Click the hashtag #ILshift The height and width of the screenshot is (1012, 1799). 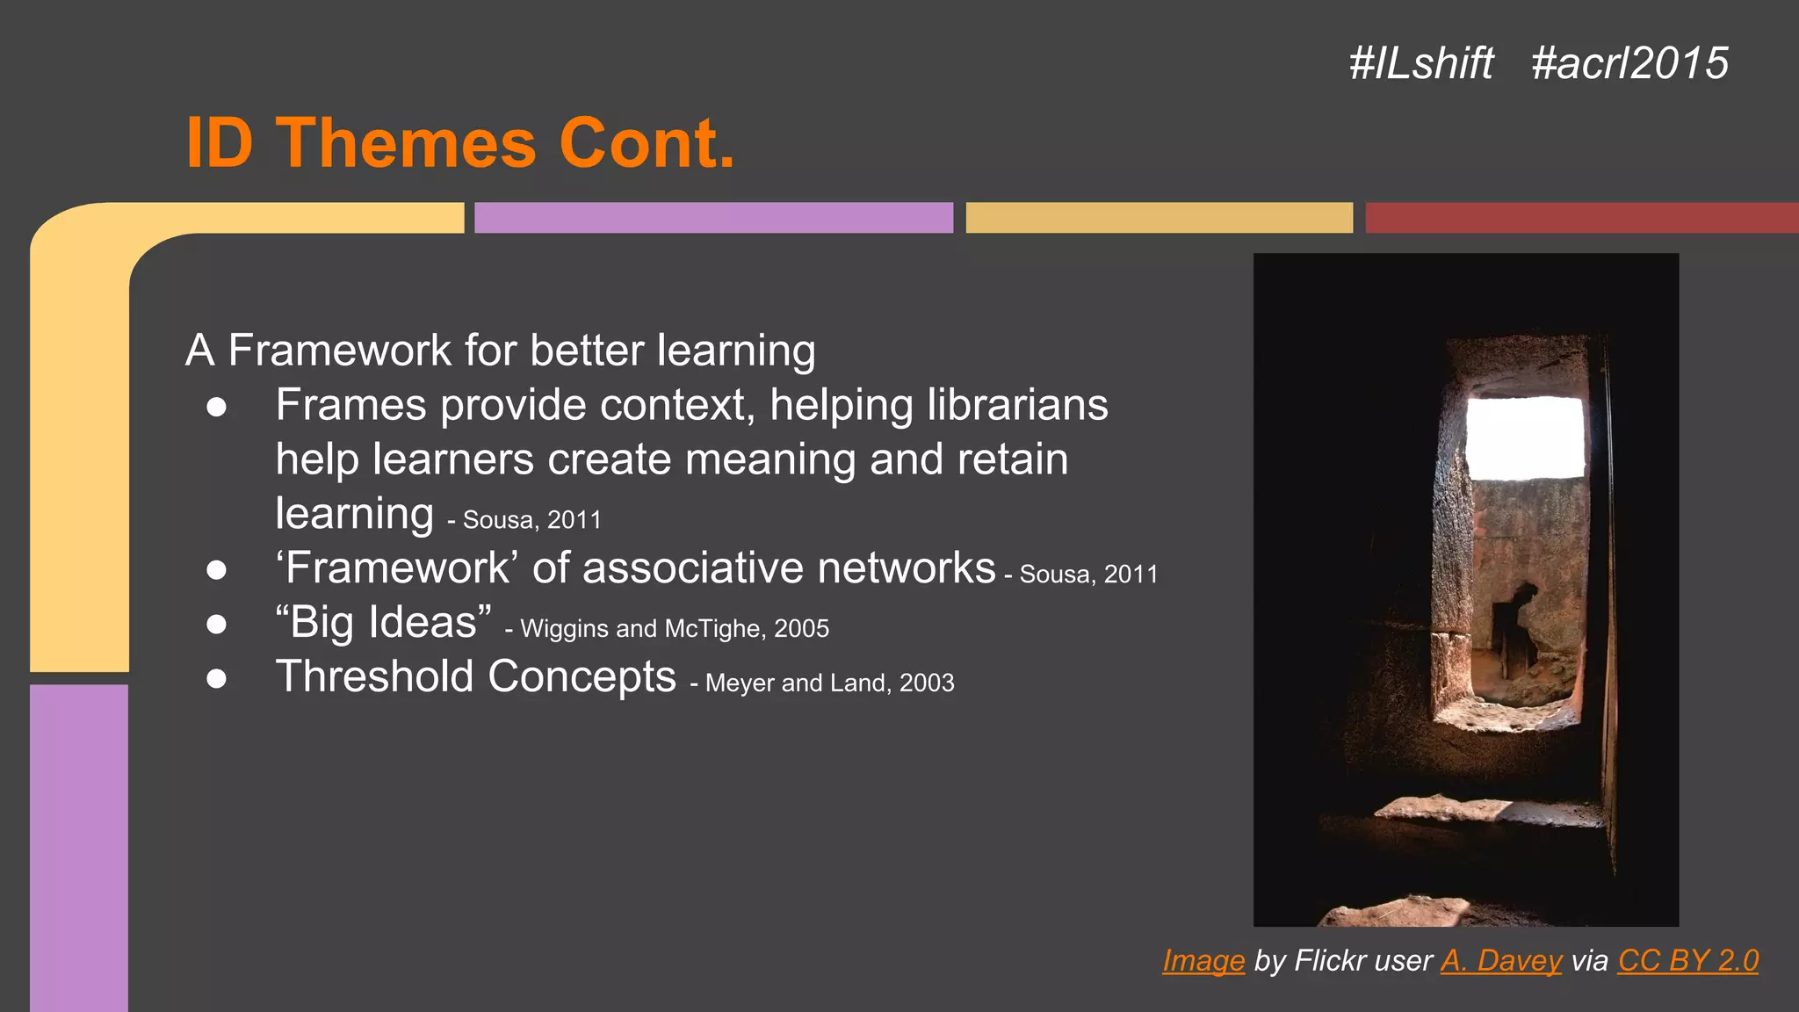pyautogui.click(x=1420, y=63)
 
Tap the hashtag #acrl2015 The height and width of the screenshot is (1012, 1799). pyautogui.click(x=1629, y=63)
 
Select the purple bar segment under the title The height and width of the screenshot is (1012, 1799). pyautogui.click(x=713, y=218)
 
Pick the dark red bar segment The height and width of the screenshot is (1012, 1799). pyautogui.click(x=1581, y=218)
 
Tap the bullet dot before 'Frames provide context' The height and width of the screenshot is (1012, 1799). pyautogui.click(x=217, y=407)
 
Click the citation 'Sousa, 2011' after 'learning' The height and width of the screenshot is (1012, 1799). pyautogui.click(x=531, y=520)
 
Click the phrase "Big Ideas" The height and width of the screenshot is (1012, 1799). pyautogui.click(x=383, y=622)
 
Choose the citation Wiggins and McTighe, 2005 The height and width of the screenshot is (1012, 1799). pyautogui.click(x=674, y=629)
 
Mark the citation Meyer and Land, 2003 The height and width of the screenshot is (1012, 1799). pyautogui.click(x=829, y=683)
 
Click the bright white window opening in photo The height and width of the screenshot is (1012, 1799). pyautogui.click(x=1526, y=437)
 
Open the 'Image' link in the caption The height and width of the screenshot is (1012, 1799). pyautogui.click(x=1203, y=960)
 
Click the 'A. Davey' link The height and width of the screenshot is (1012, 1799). pyautogui.click(x=1501, y=960)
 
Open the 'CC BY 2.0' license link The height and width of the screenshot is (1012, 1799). pyautogui.click(x=1687, y=960)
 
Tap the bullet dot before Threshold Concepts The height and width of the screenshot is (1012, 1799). pyautogui.click(x=217, y=678)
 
